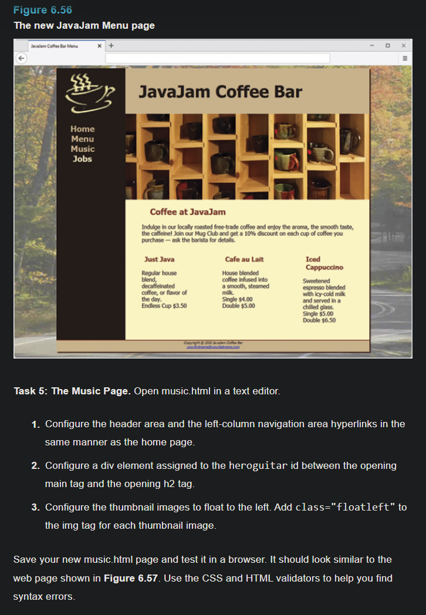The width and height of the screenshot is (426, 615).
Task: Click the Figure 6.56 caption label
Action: click(x=43, y=11)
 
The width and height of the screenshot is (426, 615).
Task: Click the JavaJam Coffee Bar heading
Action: click(x=220, y=92)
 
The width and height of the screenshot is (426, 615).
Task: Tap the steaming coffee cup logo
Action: click(x=90, y=94)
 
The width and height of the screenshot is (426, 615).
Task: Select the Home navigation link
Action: click(x=82, y=129)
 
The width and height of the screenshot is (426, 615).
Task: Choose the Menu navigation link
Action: click(x=82, y=139)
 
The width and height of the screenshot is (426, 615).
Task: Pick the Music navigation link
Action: click(x=82, y=149)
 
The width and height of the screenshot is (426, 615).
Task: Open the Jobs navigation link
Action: click(x=82, y=159)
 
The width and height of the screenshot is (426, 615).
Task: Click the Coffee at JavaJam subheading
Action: click(x=187, y=212)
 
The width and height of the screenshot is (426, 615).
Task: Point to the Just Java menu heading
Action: click(x=159, y=259)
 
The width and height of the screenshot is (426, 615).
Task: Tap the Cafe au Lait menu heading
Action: click(x=244, y=259)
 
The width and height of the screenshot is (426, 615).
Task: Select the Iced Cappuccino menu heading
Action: click(x=324, y=263)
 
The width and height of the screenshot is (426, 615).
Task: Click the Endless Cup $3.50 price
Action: click(x=164, y=306)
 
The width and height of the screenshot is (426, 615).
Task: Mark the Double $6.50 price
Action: click(x=319, y=320)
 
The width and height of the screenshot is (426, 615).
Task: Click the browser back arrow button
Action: click(x=21, y=58)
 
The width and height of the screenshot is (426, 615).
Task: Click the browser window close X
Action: click(x=403, y=46)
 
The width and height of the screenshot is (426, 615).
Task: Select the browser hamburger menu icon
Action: click(x=404, y=58)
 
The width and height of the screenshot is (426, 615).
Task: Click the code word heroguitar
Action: click(x=258, y=466)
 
